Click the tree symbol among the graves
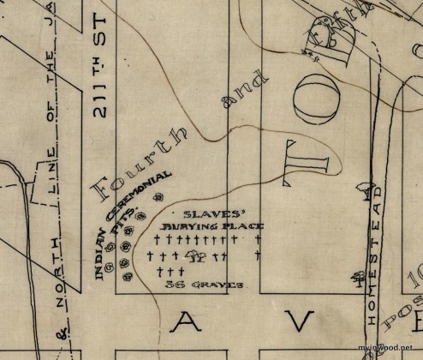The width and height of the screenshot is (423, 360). [196, 255]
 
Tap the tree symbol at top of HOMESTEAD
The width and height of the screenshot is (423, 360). [367, 185]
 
